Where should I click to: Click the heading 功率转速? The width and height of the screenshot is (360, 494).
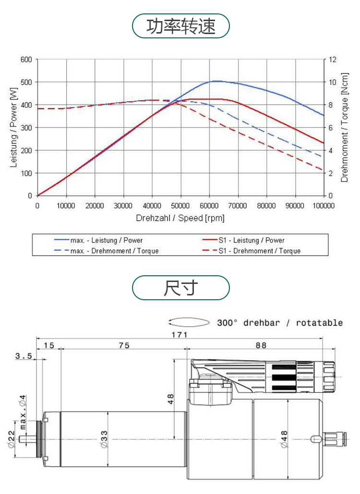pyautogui.click(x=181, y=26)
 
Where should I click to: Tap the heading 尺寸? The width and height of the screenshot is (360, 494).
pyautogui.click(x=181, y=288)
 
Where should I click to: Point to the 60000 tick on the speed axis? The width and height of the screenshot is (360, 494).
pyautogui.click(x=209, y=206)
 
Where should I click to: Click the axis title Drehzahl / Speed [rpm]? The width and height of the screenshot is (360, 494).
pyautogui.click(x=180, y=218)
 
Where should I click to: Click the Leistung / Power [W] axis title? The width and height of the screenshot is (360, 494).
pyautogui.click(x=13, y=127)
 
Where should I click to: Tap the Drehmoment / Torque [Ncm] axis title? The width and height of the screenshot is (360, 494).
pyautogui.click(x=344, y=127)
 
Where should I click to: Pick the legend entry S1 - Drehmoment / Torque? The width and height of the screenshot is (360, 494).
pyautogui.click(x=259, y=251)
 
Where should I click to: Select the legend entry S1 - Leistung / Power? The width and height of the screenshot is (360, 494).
pyautogui.click(x=251, y=240)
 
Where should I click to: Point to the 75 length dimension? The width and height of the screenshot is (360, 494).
pyautogui.click(x=124, y=345)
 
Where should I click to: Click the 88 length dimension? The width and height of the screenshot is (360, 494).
pyautogui.click(x=261, y=345)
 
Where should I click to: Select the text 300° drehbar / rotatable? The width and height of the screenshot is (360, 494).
pyautogui.click(x=280, y=322)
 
